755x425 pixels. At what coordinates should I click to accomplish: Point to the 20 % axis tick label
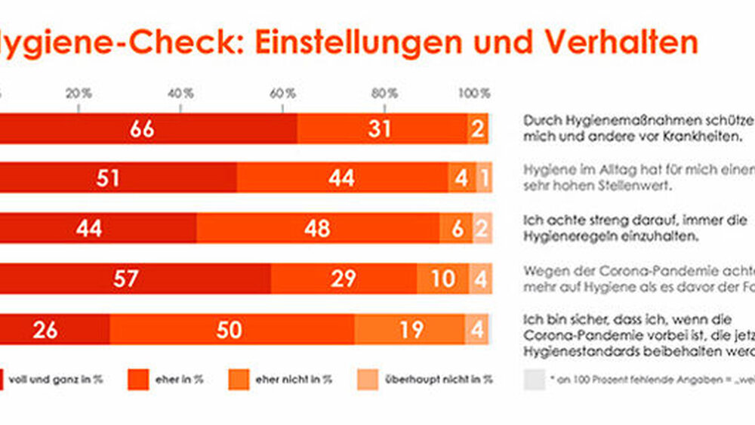pyautogui.click(x=79, y=94)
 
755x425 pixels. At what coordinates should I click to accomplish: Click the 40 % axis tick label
pyautogui.click(x=181, y=94)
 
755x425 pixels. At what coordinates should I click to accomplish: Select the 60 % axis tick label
pyautogui.click(x=283, y=94)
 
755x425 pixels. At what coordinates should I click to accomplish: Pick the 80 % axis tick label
pyautogui.click(x=385, y=94)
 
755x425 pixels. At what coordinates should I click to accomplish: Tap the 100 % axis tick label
pyautogui.click(x=476, y=94)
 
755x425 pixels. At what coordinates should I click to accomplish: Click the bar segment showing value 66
pyautogui.click(x=143, y=129)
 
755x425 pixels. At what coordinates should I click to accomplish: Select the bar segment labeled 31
pyautogui.click(x=381, y=129)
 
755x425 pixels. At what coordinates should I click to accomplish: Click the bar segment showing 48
pyautogui.click(x=317, y=228)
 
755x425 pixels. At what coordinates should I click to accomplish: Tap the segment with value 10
pyautogui.click(x=442, y=279)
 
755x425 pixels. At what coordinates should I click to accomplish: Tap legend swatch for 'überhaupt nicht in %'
pyautogui.click(x=368, y=380)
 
